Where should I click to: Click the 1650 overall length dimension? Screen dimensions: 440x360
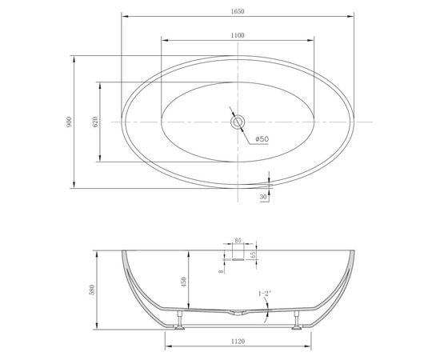point(238,11)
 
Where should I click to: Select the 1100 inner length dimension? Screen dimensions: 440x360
point(238,35)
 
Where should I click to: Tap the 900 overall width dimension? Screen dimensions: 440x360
point(69,122)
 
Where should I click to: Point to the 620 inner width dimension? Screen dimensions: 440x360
point(95,122)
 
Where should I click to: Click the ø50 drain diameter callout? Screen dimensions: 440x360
point(262,139)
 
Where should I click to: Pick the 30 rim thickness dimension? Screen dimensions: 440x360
point(263,197)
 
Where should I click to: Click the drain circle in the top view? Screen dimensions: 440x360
point(238,122)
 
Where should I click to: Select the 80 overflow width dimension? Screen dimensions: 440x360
point(238,241)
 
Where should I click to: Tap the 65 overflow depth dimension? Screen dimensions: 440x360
point(253,254)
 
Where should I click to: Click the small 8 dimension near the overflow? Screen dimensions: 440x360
point(222,271)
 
